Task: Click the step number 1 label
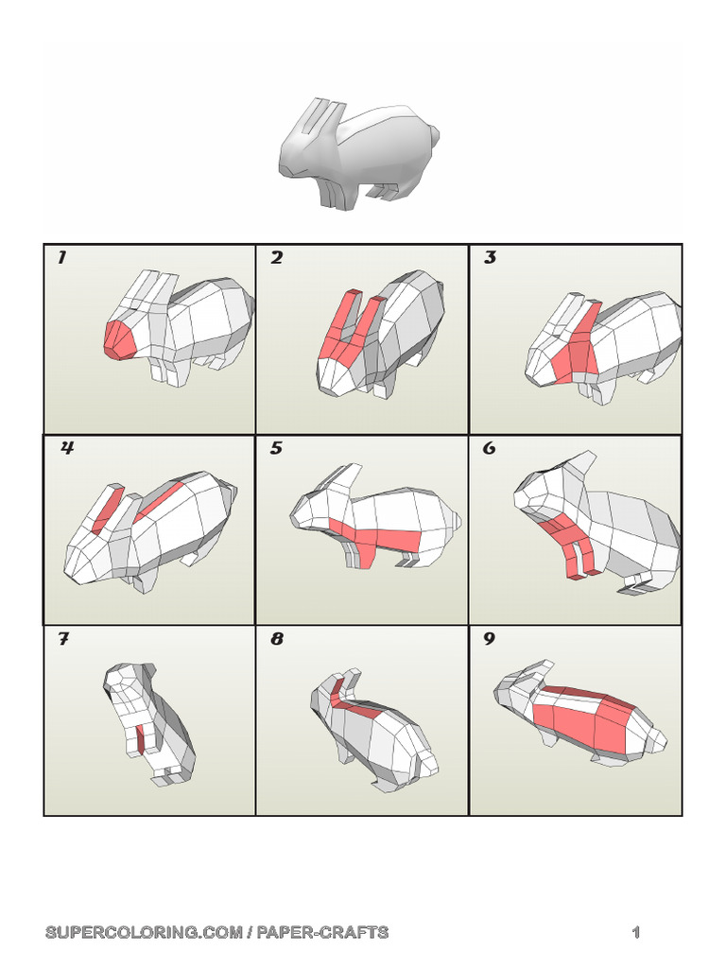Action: click(x=62, y=258)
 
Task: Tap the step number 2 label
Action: click(x=276, y=258)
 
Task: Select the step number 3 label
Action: click(x=490, y=258)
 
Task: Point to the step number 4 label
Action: click(x=67, y=448)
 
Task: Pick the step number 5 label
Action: click(x=276, y=448)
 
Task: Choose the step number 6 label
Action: click(x=489, y=448)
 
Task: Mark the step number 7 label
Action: click(x=63, y=639)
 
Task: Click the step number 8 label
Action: click(x=276, y=639)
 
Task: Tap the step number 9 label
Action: click(x=489, y=639)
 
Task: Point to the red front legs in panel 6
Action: click(x=572, y=553)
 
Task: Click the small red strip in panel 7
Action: click(x=141, y=740)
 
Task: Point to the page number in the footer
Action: click(x=636, y=933)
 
